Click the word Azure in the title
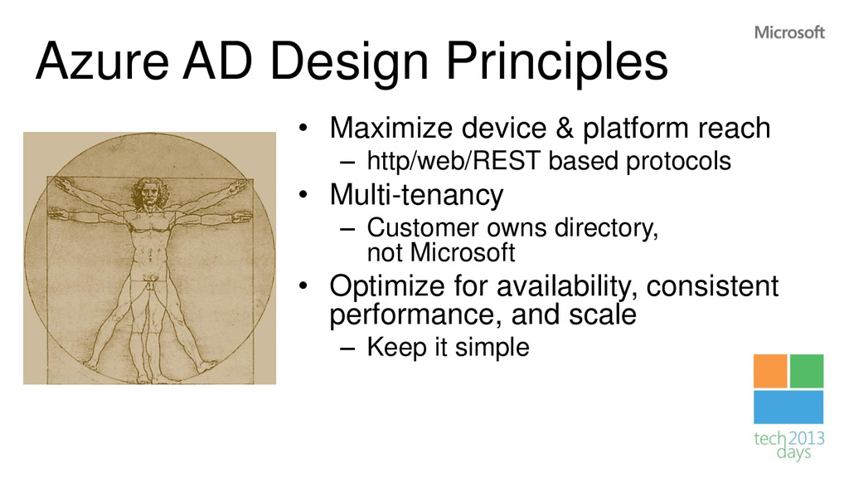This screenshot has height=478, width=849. coord(102,61)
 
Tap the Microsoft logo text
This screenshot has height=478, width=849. coord(789,32)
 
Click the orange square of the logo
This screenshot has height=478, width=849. coord(770,371)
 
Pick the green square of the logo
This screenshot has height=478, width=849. coord(807,371)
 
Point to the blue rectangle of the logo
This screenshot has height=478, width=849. coord(788,407)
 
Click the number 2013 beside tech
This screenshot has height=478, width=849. coord(807,438)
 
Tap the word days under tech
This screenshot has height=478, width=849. coord(793,452)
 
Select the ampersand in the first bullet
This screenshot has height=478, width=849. coord(564,129)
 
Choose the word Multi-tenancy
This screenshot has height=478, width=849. coord(416,194)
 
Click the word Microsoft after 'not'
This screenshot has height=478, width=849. coord(463,252)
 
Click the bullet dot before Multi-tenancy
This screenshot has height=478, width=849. coord(303,194)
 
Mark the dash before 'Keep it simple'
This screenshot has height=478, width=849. coord(347,349)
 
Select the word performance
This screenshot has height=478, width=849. coord(416,315)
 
